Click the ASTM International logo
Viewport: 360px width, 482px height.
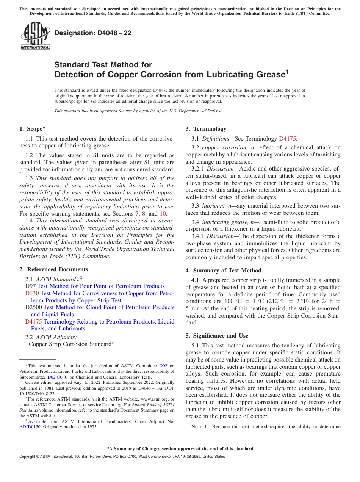pyautogui.click(x=35, y=36)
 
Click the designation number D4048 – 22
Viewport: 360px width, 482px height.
pyautogui.click(x=93, y=33)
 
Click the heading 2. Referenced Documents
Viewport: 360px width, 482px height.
pyautogui.click(x=54, y=269)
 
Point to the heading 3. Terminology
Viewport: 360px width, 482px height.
pyautogui.click(x=206, y=129)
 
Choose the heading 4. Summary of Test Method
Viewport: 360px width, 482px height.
pyautogui.click(x=223, y=271)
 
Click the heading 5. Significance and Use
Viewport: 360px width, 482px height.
pyautogui.click(x=217, y=336)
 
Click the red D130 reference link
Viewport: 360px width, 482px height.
pyautogui.click(x=32, y=293)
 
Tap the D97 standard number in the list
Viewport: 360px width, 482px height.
pyautogui.click(x=30, y=286)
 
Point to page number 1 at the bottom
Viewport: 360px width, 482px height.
pyautogui.click(x=180, y=466)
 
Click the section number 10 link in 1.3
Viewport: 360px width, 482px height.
pyautogui.click(x=163, y=214)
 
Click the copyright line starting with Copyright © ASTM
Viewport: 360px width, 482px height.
pyautogui.click(x=122, y=457)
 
